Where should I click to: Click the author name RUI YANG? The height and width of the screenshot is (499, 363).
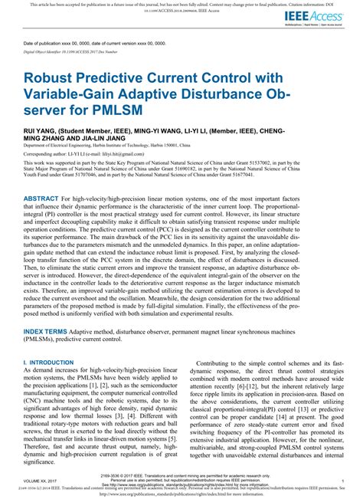[40, 131]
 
